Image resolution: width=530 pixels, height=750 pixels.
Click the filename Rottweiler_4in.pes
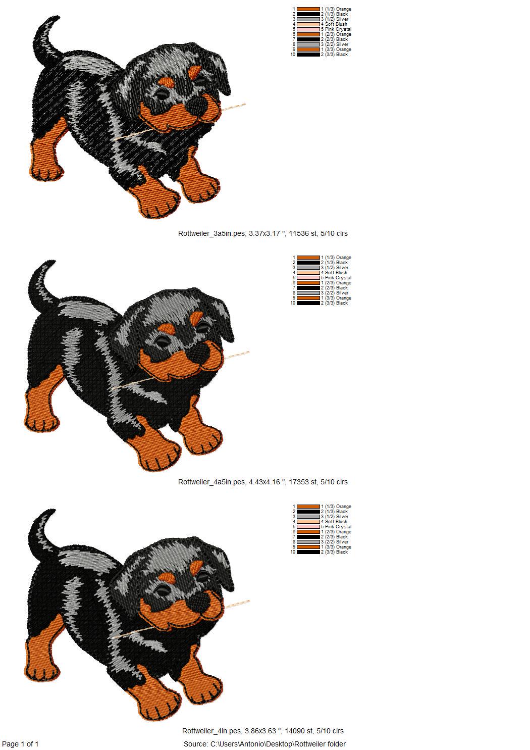212,731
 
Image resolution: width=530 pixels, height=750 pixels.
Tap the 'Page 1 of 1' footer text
21,743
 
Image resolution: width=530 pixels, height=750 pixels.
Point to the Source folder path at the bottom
264,743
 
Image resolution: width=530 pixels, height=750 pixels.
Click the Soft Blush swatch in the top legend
308,24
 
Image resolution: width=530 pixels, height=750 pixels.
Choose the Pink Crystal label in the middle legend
338,278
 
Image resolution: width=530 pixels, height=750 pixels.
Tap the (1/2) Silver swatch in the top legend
308,19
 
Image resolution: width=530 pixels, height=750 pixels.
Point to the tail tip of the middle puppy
51,263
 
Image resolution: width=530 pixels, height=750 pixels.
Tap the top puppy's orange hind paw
46,162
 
